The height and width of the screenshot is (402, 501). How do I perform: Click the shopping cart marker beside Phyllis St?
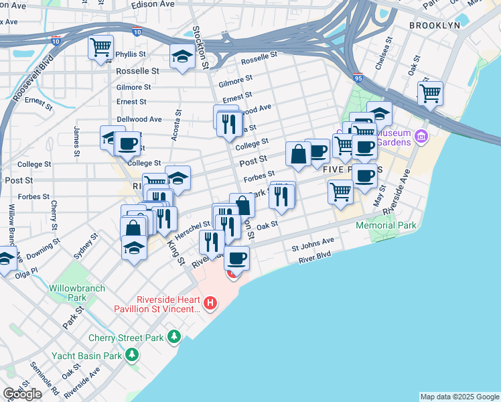coord(100,48)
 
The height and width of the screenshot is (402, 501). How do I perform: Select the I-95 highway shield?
coord(358,78)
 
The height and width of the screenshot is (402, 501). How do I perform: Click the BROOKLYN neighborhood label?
coord(435,25)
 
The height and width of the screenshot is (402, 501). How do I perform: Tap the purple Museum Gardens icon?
coord(421,137)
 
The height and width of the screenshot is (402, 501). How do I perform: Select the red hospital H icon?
coord(211,304)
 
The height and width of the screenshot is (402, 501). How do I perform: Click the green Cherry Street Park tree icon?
coord(174,335)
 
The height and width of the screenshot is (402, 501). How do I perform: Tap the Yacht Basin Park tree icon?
coord(133,354)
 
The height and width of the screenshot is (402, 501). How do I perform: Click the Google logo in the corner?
coord(22,394)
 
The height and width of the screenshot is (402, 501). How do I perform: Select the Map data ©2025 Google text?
coord(459,397)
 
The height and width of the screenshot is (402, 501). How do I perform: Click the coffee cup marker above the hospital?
coord(236,258)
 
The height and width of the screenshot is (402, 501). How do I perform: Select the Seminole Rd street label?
coord(44,377)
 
